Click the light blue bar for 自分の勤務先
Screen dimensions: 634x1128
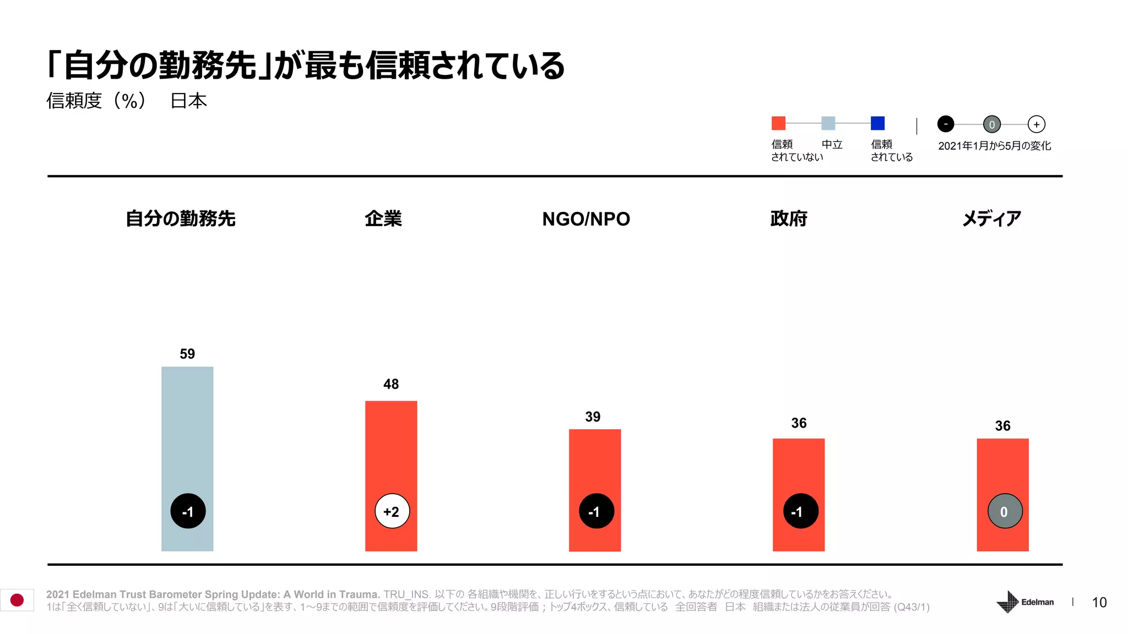point(187,429)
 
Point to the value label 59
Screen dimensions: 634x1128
point(187,354)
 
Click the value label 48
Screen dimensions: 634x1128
point(391,384)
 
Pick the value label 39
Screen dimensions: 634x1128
point(593,417)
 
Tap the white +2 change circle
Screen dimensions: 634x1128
point(392,511)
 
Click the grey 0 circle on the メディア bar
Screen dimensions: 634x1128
point(1005,511)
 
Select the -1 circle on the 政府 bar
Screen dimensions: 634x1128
point(800,511)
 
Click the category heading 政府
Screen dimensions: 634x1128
point(789,218)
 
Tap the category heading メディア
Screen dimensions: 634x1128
point(991,218)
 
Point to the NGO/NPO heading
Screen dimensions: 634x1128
point(586,218)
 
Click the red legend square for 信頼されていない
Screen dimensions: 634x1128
point(778,123)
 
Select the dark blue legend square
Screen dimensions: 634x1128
point(877,123)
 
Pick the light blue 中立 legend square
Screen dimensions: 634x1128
point(828,123)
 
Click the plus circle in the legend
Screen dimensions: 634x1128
point(1037,124)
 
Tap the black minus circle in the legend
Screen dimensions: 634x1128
point(946,124)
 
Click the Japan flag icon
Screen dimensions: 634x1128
point(17,600)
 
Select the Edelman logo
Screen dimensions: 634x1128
point(1025,602)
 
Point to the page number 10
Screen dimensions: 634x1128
point(1099,603)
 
